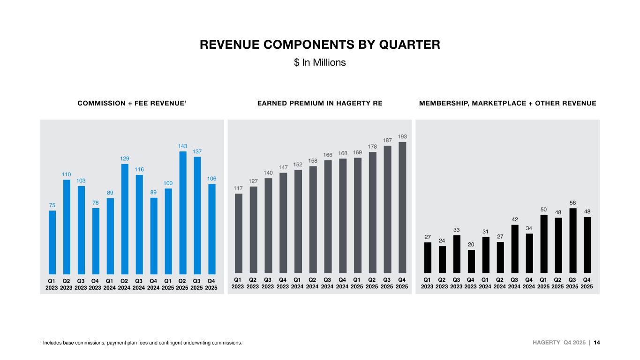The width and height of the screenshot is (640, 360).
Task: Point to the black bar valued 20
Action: point(471,261)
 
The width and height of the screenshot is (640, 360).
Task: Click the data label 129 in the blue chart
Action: point(125,158)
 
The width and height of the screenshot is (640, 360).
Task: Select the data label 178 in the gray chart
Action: point(372,146)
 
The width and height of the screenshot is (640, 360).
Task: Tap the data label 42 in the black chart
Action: point(514,219)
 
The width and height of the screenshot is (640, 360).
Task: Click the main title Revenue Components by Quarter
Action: point(320,45)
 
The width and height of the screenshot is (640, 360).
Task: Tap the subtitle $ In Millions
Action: point(320,62)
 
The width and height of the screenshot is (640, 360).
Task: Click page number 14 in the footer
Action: point(597,343)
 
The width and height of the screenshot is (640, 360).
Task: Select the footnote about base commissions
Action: point(141,343)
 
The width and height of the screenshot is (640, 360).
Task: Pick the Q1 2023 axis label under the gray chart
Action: point(238,283)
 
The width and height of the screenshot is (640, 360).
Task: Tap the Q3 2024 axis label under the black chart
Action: point(514,283)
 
